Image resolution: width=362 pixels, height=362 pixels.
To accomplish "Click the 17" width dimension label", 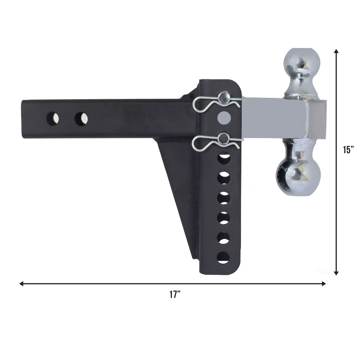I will tap(175, 295).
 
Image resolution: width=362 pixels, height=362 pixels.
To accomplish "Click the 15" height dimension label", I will tap(349, 150).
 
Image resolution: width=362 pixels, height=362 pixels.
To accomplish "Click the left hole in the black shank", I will tap(52, 119).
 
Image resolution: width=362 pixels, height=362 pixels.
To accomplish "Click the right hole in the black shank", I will tap(81, 119).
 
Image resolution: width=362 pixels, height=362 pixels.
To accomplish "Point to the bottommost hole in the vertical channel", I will tap(223, 258).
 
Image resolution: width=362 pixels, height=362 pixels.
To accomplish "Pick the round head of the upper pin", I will tap(224, 98).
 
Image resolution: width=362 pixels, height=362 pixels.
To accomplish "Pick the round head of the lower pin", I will tap(224, 138).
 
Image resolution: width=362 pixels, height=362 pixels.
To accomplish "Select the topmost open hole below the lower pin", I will tap(224, 158).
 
